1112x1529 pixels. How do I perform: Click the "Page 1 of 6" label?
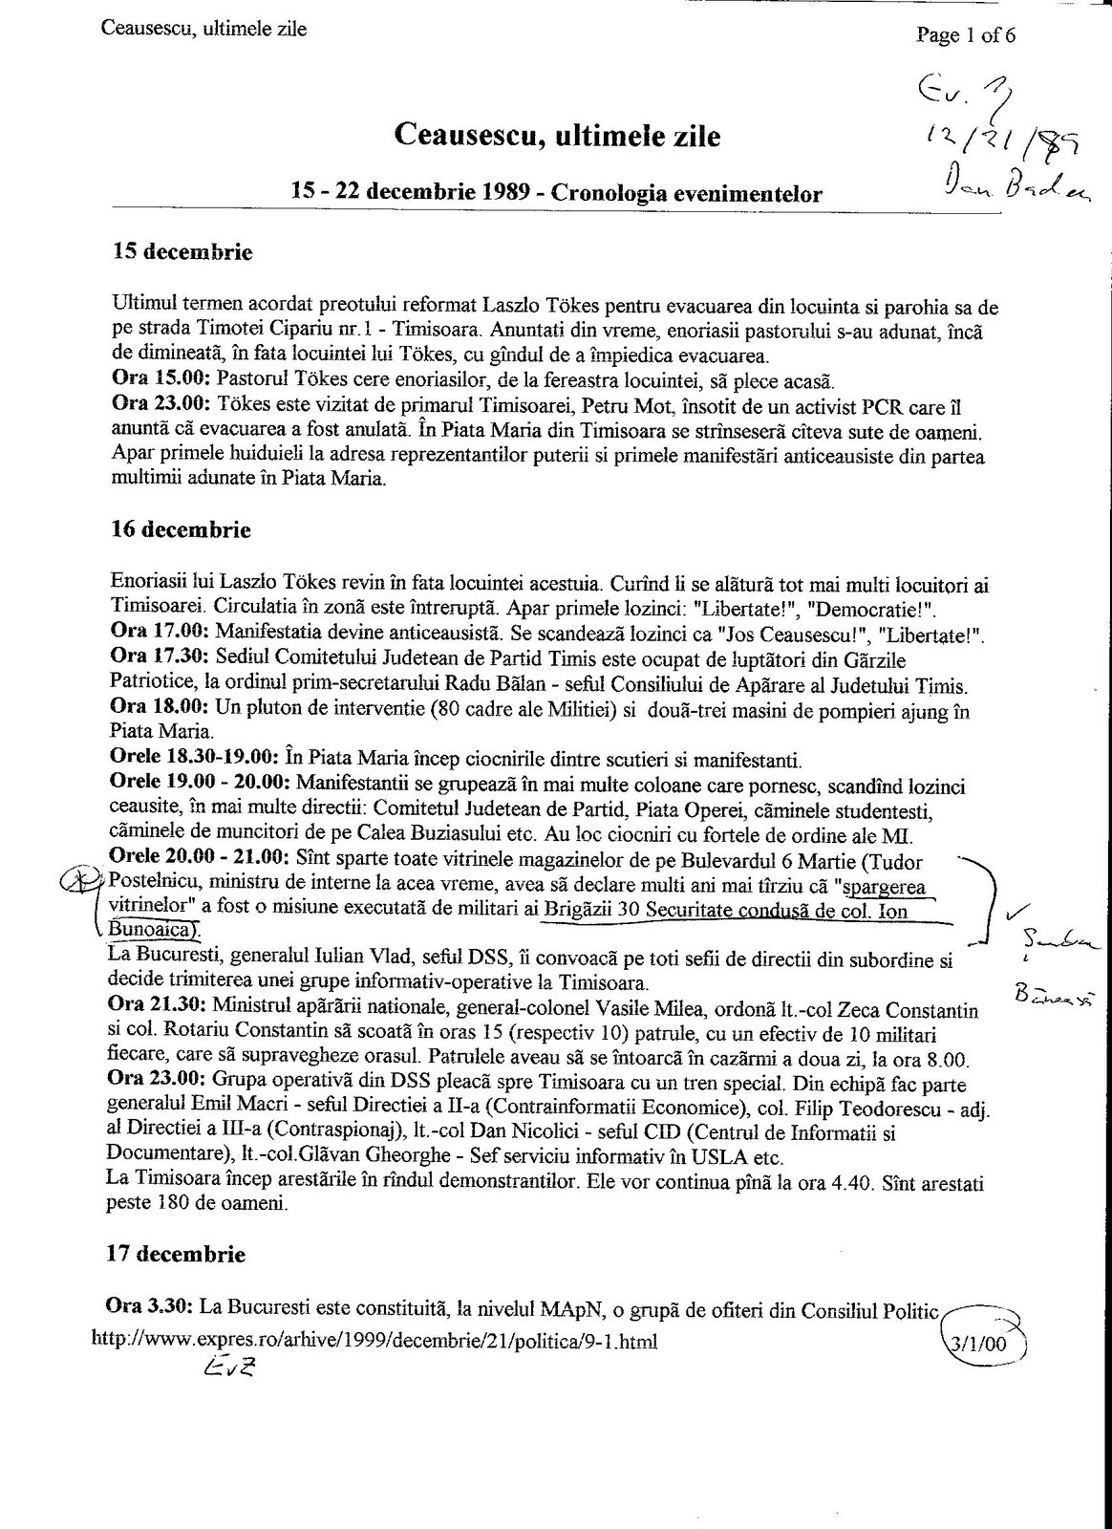coord(966,36)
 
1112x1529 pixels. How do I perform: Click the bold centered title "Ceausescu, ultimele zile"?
coord(557,137)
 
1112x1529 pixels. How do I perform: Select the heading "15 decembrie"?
coord(183,253)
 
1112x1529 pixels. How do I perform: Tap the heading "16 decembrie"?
coord(183,529)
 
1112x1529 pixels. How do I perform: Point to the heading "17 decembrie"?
coord(183,1254)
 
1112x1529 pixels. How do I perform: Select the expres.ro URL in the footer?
coord(374,1341)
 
